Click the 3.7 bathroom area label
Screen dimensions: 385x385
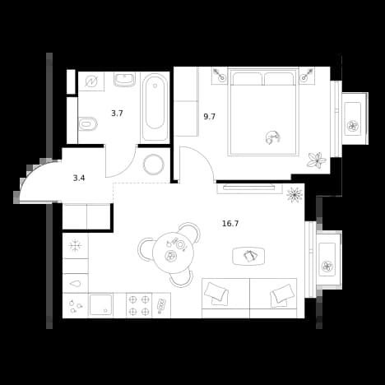[117, 114]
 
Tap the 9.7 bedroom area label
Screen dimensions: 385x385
[209, 117]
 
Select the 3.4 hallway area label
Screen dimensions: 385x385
[79, 179]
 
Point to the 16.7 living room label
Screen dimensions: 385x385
[230, 224]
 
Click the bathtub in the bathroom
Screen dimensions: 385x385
[155, 107]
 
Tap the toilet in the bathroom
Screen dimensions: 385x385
[88, 124]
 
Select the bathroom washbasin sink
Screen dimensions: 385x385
[124, 80]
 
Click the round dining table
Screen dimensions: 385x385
[173, 253]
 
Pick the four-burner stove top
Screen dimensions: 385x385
[139, 305]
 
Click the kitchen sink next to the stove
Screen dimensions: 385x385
[101, 305]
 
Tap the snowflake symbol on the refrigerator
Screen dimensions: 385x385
[75, 245]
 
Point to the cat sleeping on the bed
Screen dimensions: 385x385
[273, 137]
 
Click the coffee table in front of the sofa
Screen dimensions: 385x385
[248, 256]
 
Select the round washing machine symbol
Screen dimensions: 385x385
[153, 165]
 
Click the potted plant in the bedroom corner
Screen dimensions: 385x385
[317, 160]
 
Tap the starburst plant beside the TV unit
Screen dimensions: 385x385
[295, 194]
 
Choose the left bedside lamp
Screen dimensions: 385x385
[220, 76]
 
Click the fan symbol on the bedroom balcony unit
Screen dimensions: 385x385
[353, 126]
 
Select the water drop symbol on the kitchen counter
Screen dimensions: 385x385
[76, 284]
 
